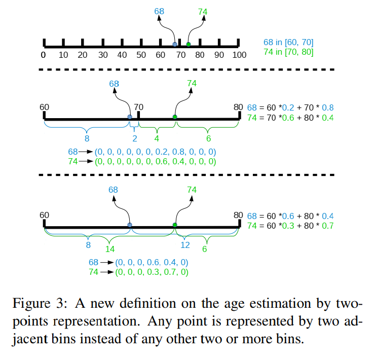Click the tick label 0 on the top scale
pos(44,55)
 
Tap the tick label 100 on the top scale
pos(239,55)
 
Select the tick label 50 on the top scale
pos(141,55)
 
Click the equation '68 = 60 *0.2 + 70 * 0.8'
pos(290,107)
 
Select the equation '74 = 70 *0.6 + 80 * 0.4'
pos(290,118)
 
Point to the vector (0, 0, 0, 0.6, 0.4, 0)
pos(152,262)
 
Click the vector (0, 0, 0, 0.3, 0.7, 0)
pos(152,272)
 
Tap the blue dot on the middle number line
pos(130,117)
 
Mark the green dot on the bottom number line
pos(175,225)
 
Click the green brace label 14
pos(110,249)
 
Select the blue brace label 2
pos(134,137)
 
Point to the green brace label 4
pos(157,137)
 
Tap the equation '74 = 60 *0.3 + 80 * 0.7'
pos(290,226)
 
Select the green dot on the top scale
pos(189,45)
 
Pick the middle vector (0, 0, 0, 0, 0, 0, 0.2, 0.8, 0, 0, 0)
pos(155,152)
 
